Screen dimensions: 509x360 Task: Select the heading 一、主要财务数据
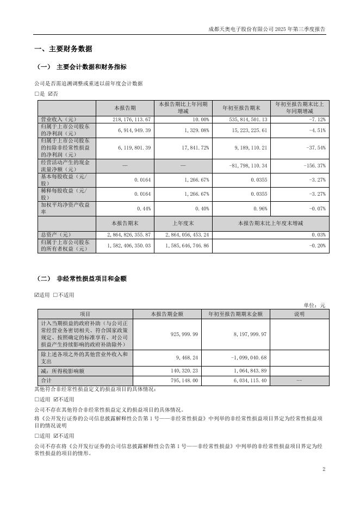[63, 48]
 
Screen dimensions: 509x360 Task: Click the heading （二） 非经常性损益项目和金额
[81, 278]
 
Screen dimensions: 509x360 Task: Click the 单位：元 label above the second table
[315, 306]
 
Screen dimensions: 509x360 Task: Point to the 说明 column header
[300, 314]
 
